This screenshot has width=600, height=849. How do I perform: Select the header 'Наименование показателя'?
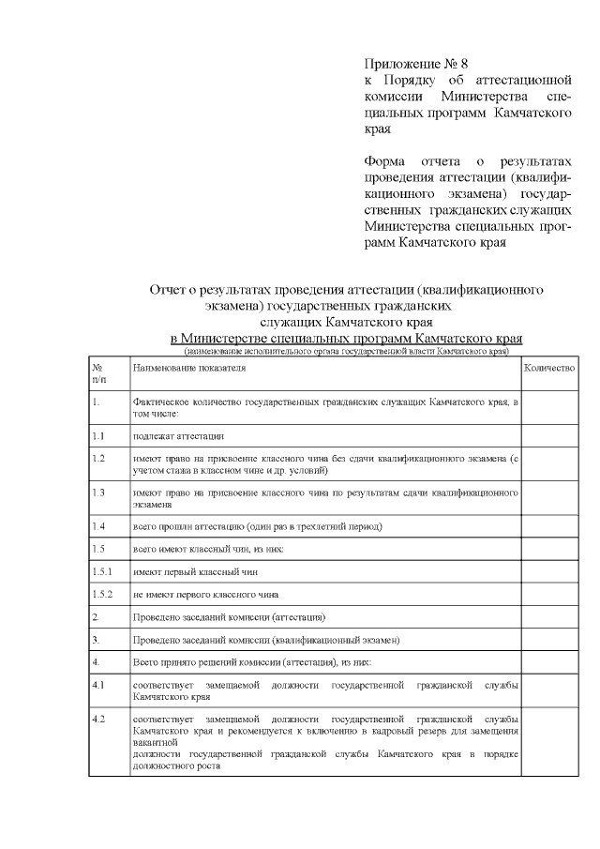187,370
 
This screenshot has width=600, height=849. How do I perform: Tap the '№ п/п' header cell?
100,374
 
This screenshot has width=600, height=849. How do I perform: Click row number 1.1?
98,436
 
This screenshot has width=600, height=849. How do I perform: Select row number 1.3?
98,491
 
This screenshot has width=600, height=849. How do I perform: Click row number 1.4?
98,525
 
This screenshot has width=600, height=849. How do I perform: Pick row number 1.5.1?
102,570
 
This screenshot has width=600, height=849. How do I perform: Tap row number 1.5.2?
102,594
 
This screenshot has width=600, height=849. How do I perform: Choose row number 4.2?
98,718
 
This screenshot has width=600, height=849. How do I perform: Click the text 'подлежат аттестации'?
178,436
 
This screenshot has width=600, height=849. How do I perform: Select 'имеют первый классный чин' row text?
194,570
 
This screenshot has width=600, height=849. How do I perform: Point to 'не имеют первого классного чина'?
205,594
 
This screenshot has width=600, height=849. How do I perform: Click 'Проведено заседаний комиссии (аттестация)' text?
229,617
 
